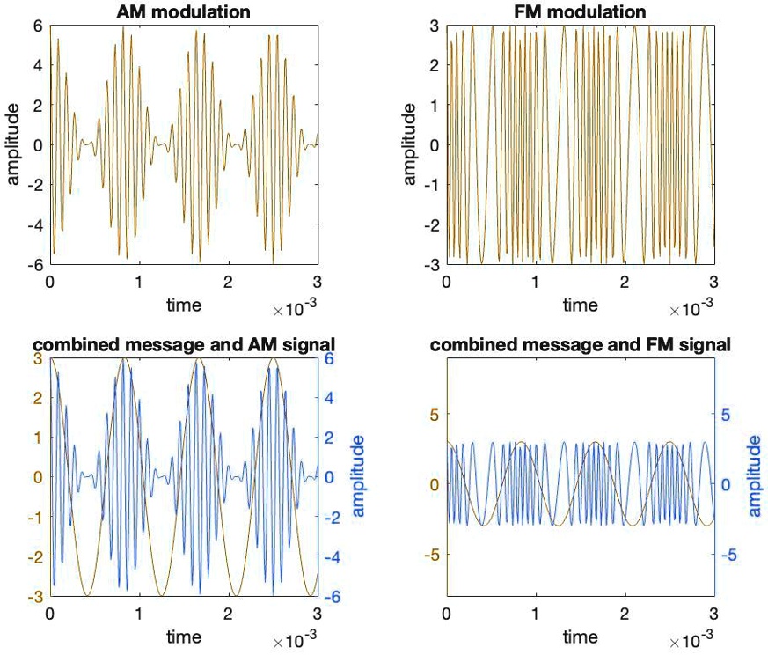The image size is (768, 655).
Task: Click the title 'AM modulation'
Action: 183,11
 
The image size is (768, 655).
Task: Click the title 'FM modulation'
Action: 580,11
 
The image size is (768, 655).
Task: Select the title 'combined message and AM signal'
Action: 183,344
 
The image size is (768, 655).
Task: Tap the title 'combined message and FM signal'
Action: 580,344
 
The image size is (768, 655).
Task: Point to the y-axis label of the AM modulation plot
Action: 14,145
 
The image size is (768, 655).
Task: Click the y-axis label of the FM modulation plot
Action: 410,145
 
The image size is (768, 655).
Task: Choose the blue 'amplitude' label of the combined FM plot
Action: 755,476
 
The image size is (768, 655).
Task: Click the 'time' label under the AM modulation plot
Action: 183,305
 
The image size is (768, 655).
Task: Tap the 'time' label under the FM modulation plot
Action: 580,305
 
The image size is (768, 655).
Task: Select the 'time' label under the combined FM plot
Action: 580,636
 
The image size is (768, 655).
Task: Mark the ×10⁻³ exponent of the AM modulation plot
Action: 295,309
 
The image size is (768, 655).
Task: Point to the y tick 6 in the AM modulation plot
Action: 39,26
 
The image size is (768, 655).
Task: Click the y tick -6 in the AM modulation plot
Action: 35,265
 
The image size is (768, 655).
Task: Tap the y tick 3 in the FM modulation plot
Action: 435,26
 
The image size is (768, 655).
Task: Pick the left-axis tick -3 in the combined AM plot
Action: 35,597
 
